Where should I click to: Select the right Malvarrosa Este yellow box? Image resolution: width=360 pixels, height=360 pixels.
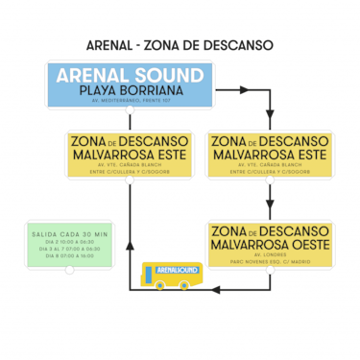(x=270, y=154)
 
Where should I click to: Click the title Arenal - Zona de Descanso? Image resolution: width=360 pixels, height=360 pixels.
(x=180, y=45)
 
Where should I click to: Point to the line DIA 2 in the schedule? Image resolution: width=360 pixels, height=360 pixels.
(x=68, y=243)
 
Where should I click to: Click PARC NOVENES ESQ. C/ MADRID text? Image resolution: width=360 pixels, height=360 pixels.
(x=270, y=262)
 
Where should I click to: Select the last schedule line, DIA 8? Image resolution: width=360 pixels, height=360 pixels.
(x=68, y=256)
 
